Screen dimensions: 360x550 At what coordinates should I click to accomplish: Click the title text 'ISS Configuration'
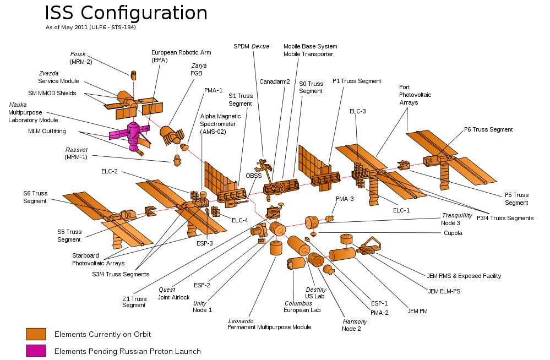click(x=126, y=14)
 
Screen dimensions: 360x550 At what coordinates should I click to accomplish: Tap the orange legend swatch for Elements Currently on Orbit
click(x=36, y=334)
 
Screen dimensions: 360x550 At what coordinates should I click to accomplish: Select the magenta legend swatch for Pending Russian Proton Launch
click(x=36, y=351)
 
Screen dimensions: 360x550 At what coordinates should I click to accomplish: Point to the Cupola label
click(x=453, y=233)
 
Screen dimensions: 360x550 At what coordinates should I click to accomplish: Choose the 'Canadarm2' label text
click(x=274, y=81)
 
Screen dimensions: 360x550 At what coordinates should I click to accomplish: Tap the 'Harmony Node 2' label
click(x=351, y=325)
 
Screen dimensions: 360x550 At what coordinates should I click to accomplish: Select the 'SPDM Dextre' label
click(x=251, y=47)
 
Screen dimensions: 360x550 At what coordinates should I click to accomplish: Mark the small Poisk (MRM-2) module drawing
click(x=133, y=74)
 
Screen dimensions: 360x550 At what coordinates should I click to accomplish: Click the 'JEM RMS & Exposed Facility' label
click(x=464, y=276)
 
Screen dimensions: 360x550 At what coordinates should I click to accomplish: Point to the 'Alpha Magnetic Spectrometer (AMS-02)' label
click(x=220, y=124)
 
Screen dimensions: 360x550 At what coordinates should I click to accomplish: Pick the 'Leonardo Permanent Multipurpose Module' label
click(x=269, y=324)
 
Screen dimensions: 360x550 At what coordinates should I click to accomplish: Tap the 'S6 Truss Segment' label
click(x=35, y=197)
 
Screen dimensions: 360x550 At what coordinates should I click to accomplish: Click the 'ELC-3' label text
click(x=357, y=111)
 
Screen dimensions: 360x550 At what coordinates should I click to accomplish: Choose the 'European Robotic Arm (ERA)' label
click(x=181, y=56)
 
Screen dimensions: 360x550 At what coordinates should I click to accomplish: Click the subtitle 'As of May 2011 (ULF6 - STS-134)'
click(x=90, y=27)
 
